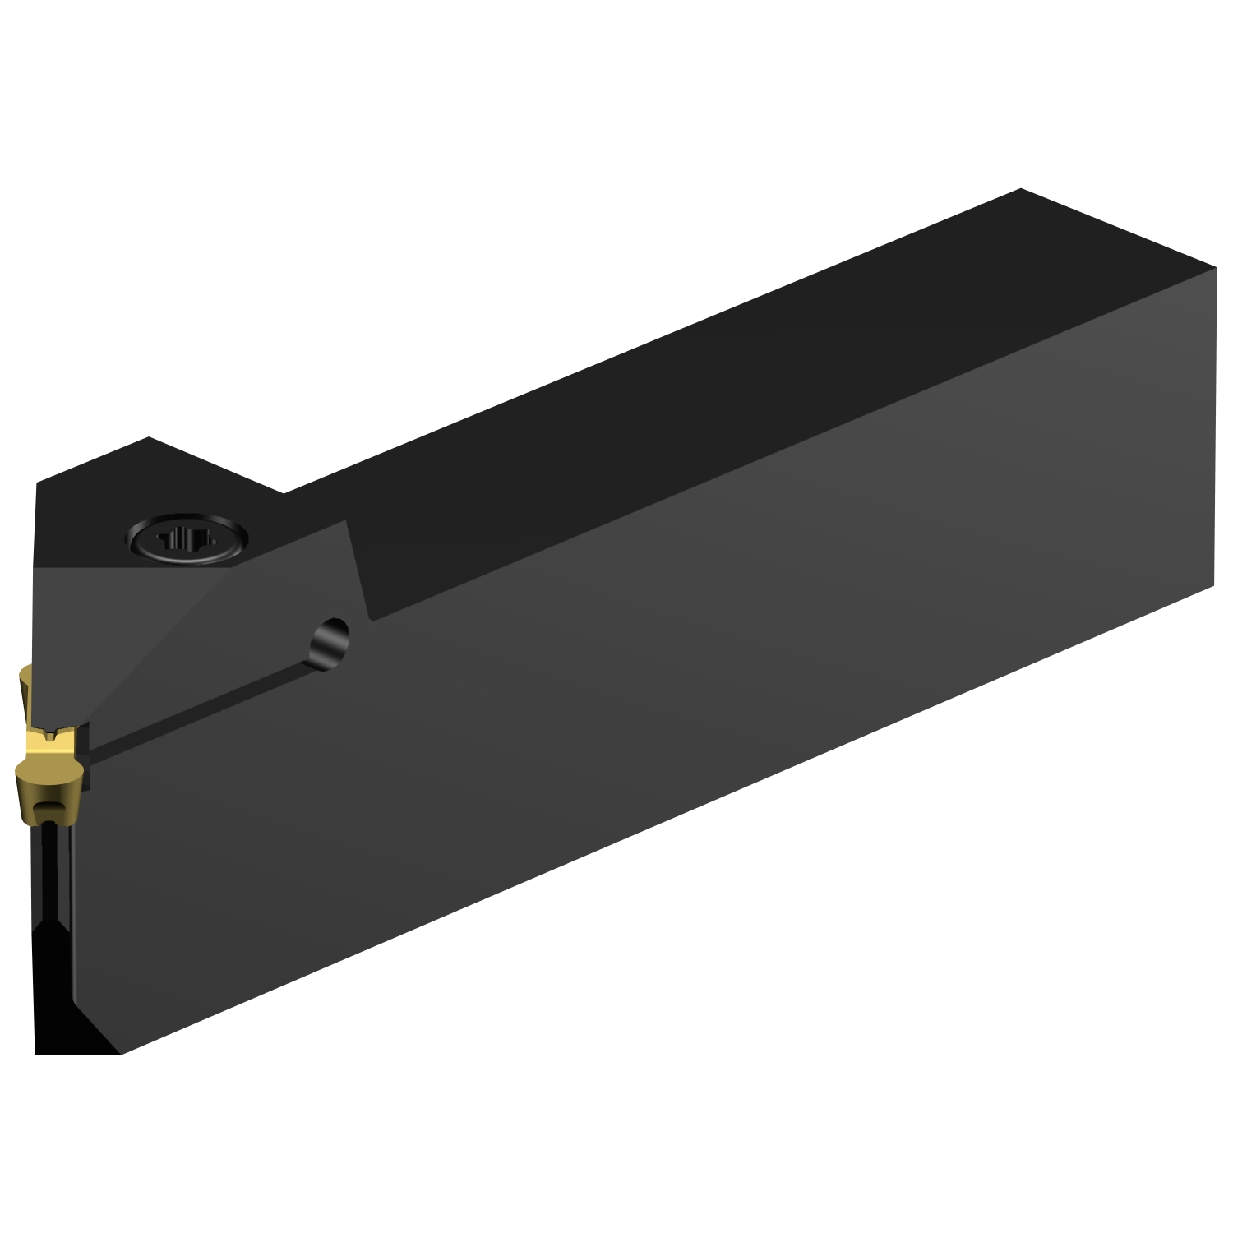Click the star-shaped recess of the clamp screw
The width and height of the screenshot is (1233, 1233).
187,540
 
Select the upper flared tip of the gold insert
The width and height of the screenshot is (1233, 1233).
25,686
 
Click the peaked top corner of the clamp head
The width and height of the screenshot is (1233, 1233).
149,437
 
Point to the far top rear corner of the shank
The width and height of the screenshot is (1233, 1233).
1020,189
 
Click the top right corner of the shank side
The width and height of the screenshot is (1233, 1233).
1215,269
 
